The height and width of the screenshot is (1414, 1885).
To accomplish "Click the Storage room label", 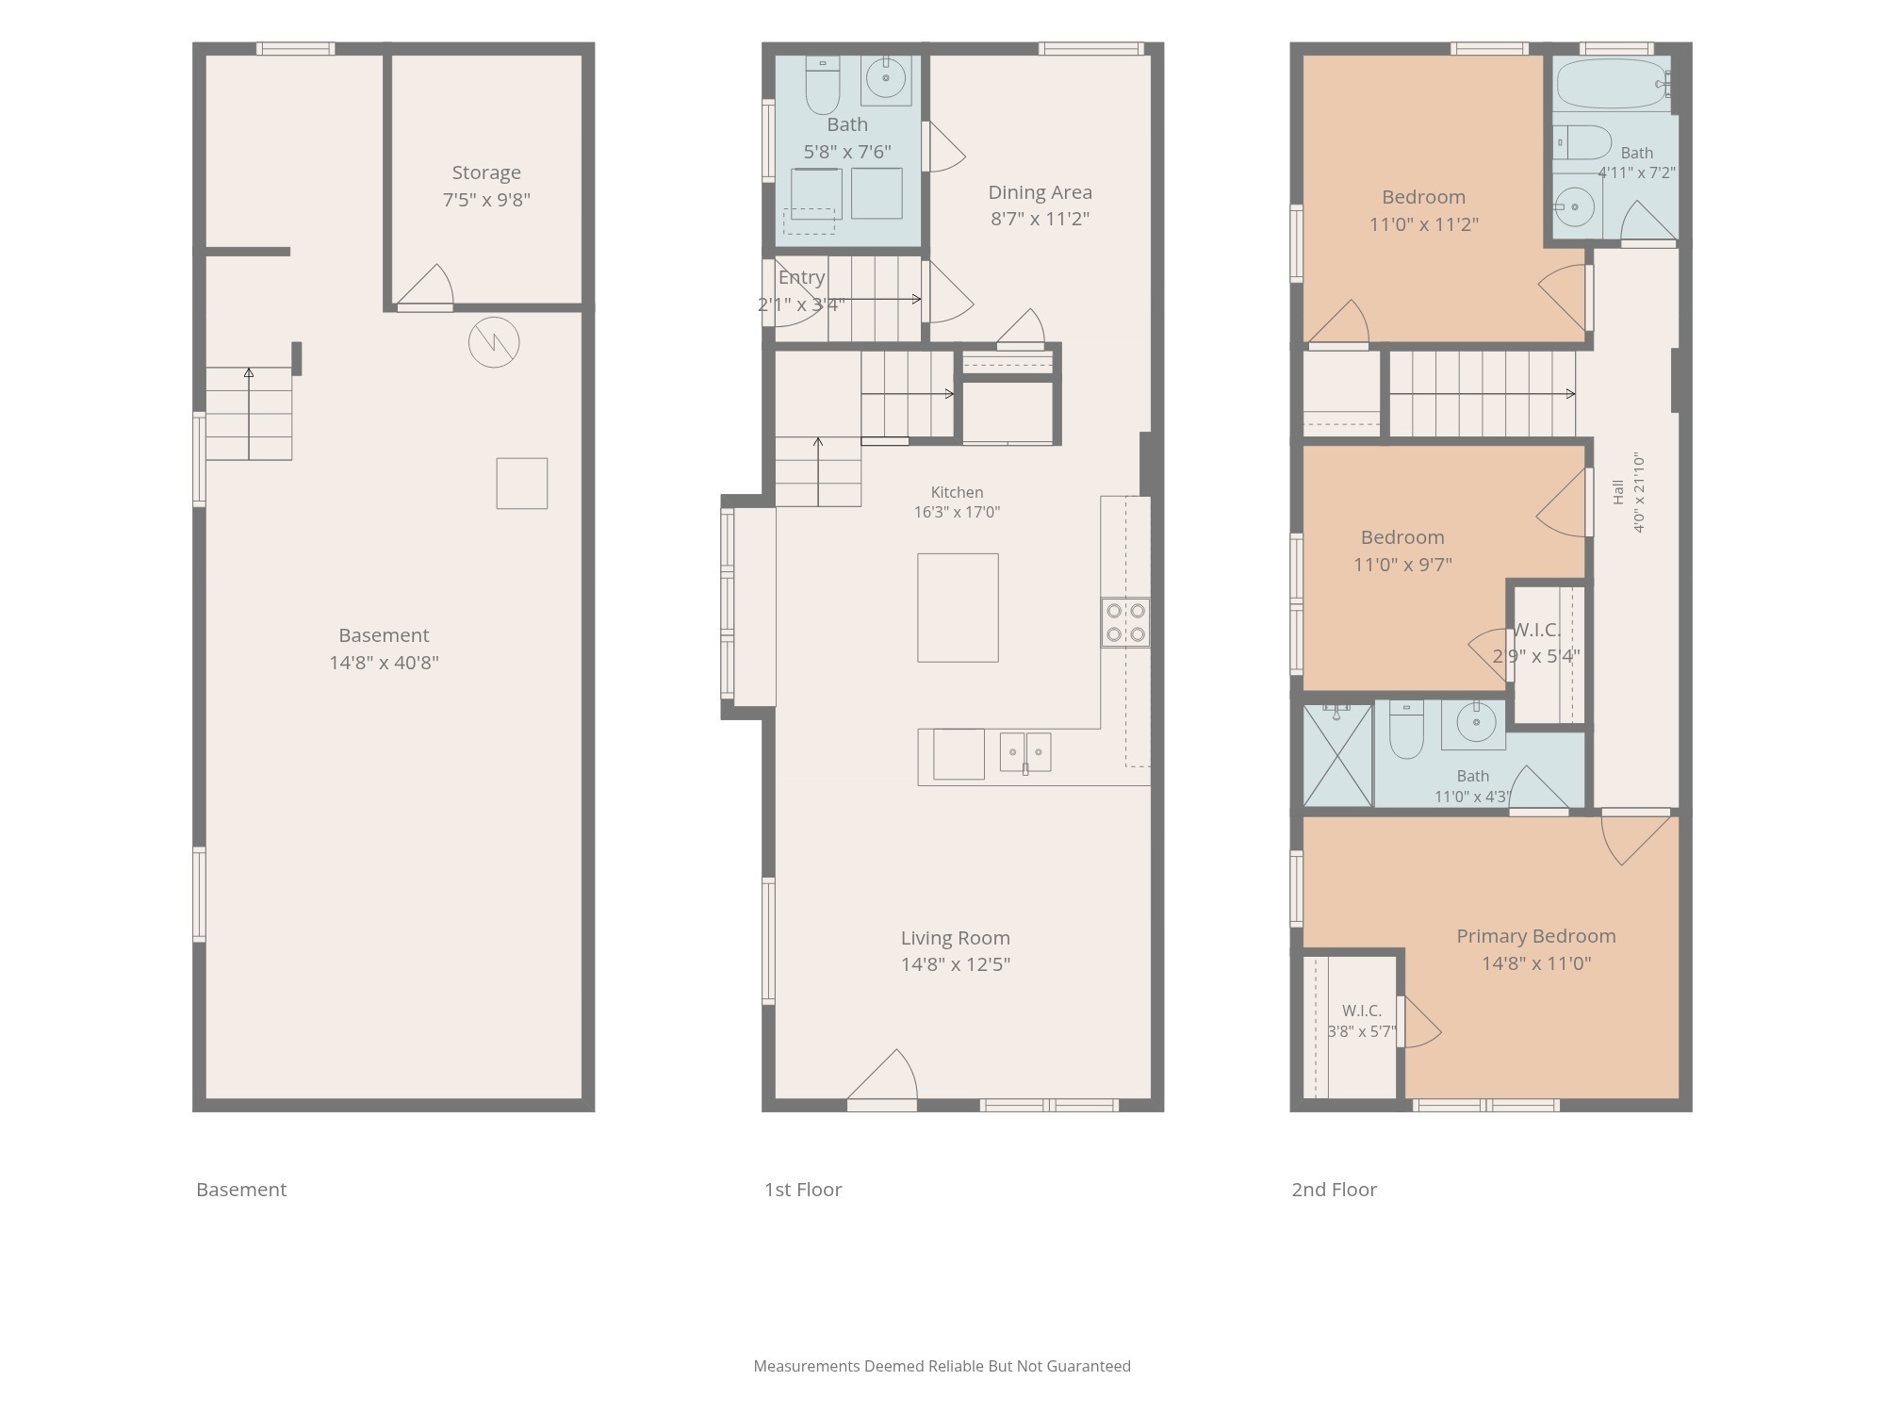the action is (x=486, y=173).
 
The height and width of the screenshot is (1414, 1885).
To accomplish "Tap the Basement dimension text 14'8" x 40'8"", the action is (x=384, y=663).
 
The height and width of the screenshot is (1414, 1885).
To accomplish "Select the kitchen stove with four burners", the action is (x=1125, y=622).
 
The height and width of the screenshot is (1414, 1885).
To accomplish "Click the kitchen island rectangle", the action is (x=958, y=608).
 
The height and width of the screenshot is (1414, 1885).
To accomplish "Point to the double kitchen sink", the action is (x=1025, y=752).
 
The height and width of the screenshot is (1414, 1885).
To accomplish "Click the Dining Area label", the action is (x=1040, y=192).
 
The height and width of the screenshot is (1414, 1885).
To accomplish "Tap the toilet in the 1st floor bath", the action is (x=823, y=85).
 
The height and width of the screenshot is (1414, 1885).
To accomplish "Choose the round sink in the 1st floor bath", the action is (x=886, y=77).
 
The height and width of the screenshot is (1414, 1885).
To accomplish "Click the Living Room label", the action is (x=955, y=938).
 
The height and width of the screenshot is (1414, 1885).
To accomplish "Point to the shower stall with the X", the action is (x=1337, y=755).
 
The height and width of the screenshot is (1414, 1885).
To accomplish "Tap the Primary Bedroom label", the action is (x=1535, y=936).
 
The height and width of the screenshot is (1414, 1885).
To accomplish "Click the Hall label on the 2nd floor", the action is (x=1618, y=492).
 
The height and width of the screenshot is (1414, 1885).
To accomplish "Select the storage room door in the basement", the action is (x=425, y=287).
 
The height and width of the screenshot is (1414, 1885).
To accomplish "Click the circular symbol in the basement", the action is (x=494, y=341).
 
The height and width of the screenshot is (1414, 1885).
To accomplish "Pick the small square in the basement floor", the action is (x=522, y=484).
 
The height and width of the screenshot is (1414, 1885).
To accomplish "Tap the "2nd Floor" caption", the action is (x=1334, y=1190).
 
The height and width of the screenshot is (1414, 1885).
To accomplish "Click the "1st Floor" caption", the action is (x=803, y=1190).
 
